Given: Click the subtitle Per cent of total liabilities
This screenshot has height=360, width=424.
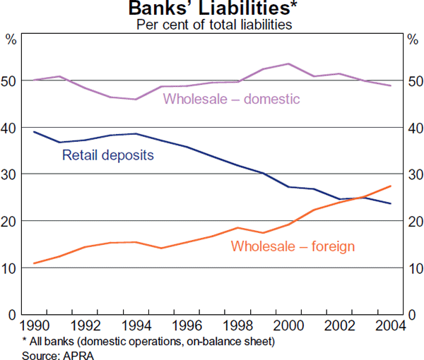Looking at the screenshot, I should point(212,25).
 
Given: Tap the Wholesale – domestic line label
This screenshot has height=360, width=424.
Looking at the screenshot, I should point(232,99).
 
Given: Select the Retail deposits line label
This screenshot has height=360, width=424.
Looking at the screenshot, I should point(108,155).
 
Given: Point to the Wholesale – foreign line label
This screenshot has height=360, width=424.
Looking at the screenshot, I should point(293,246).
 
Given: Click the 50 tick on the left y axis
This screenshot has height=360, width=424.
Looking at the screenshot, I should point(11,81).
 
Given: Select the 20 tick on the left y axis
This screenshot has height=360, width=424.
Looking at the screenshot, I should point(11,222).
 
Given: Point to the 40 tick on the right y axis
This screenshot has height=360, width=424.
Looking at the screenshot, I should point(413,128).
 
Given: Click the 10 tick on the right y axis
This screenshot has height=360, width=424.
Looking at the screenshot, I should point(413,268).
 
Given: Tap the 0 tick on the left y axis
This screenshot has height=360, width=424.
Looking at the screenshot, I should point(13,315).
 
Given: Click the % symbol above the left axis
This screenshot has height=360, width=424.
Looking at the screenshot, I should point(11,40).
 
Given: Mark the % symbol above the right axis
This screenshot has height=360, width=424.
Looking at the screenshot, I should point(413,40).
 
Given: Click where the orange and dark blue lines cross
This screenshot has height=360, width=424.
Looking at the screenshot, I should point(363,198).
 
